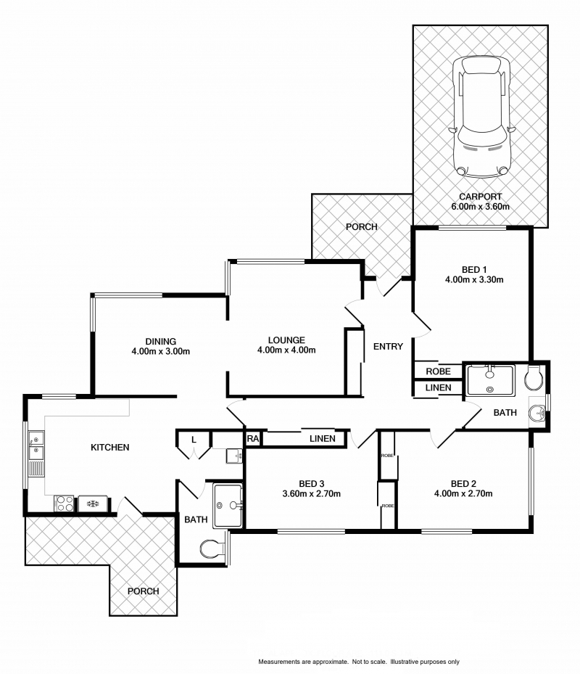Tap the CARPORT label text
tap(480, 197)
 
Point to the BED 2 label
tap(463, 484)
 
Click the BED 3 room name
tap(311, 484)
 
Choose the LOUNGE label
tap(286, 340)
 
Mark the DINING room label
tap(160, 342)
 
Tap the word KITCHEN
tap(109, 448)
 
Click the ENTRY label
tap(388, 347)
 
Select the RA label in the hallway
tap(253, 438)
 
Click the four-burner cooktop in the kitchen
tap(63, 502)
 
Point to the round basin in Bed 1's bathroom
tap(537, 414)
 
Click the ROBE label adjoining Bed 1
tap(438, 371)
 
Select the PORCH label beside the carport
tap(361, 227)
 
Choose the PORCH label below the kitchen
tap(143, 591)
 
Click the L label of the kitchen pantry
tap(194, 439)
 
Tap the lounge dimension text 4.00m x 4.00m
tap(286, 350)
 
